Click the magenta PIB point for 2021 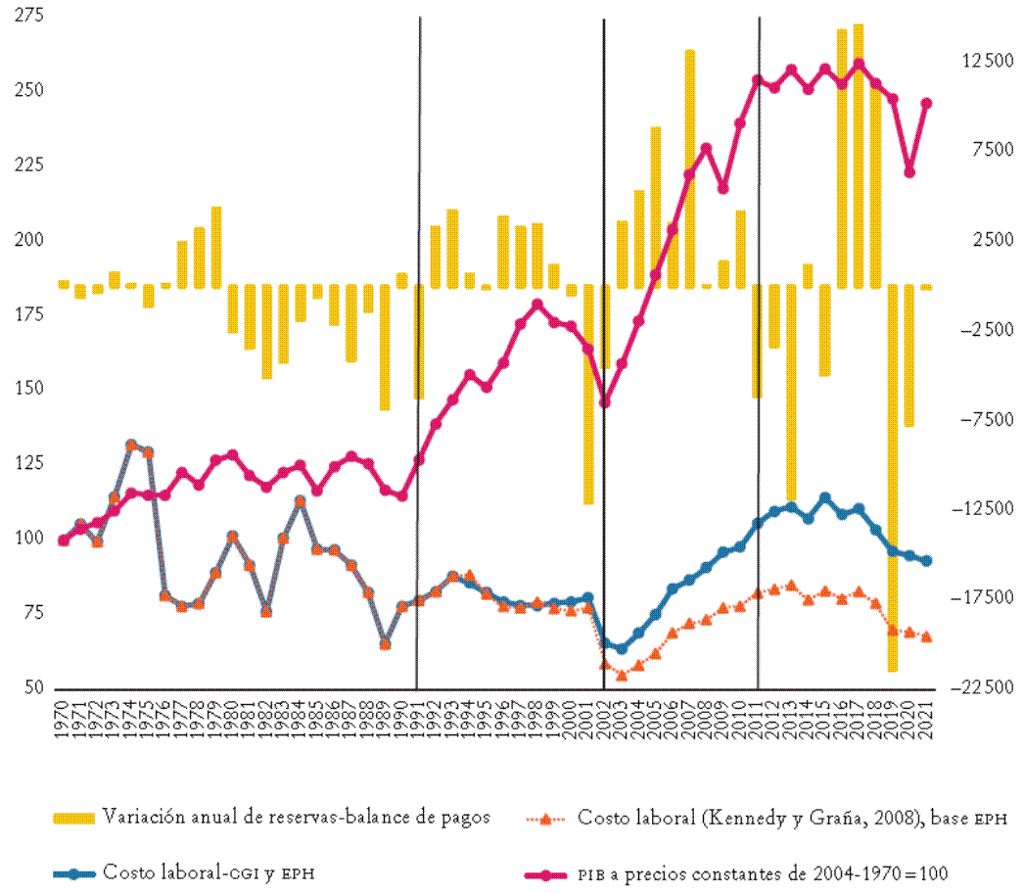926,103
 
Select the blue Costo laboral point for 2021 926,560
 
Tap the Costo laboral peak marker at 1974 131,446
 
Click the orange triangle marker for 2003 622,675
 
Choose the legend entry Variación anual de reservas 294,818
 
